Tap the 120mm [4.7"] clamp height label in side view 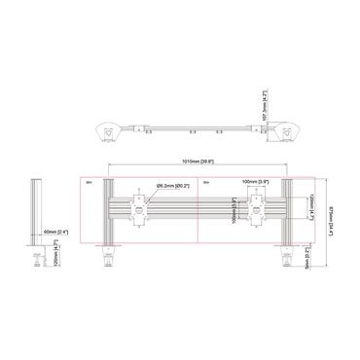pos(57,255)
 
